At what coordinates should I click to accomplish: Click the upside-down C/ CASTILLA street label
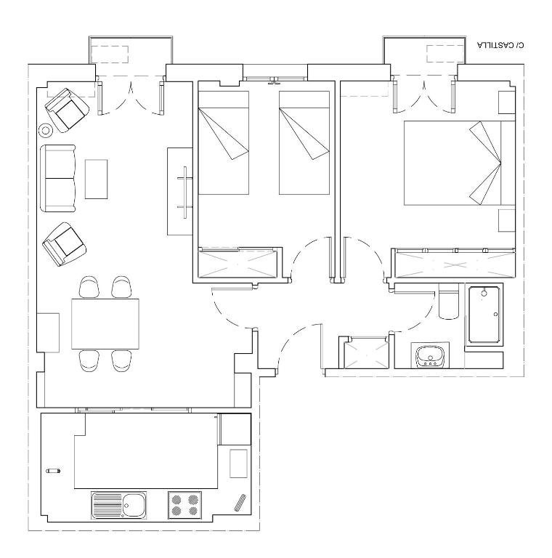pos(500,45)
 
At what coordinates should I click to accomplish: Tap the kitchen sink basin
pos(134,505)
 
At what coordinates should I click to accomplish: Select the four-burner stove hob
pos(184,506)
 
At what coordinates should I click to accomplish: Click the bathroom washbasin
pos(430,356)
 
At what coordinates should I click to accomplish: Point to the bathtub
pos(484,314)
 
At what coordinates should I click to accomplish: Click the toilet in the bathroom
pos(449,301)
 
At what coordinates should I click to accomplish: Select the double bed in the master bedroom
pos(460,163)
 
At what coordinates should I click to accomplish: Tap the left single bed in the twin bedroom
pos(224,142)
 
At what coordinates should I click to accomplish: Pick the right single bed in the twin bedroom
pos(304,142)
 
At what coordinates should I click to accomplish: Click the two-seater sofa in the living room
pos(58,178)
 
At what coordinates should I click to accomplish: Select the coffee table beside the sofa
pos(96,179)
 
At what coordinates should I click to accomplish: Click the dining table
pos(105,324)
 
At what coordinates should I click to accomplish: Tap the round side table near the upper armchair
pos(46,131)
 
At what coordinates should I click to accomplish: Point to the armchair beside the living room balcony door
pos(68,110)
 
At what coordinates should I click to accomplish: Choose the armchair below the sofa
pos(65,244)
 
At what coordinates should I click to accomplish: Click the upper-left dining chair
pos(89,287)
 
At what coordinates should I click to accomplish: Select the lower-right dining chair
pos(121,361)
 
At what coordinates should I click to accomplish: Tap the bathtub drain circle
pos(484,294)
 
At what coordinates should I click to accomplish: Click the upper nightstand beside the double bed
pos(507,102)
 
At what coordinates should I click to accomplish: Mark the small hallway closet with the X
pos(366,354)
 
